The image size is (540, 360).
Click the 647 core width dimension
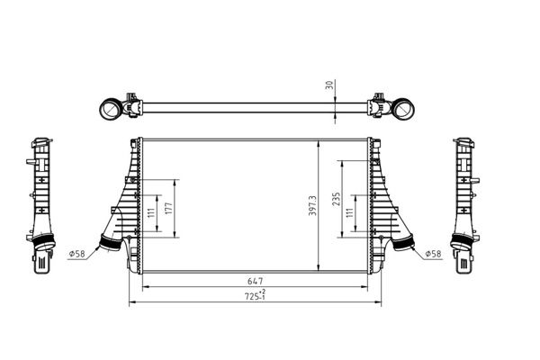(x=256, y=281)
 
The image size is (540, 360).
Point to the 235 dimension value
(x=336, y=199)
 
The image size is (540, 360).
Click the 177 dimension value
(x=169, y=209)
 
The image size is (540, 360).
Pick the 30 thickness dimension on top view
(x=329, y=85)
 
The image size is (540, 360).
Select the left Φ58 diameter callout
(x=76, y=254)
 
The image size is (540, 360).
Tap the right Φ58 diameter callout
(x=433, y=254)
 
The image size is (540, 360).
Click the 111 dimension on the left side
(x=151, y=213)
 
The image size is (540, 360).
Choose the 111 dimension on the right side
(x=350, y=213)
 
